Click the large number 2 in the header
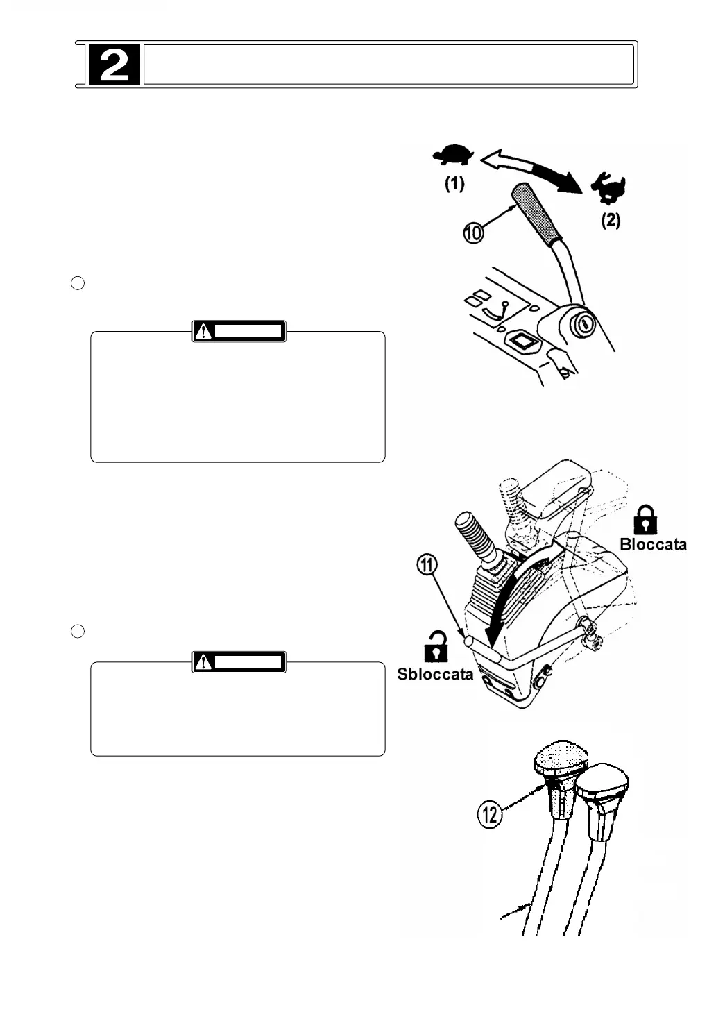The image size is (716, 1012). pyautogui.click(x=114, y=65)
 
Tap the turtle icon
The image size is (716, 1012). pyautogui.click(x=453, y=155)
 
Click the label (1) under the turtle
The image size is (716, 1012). pyautogui.click(x=454, y=184)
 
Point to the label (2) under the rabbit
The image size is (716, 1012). pyautogui.click(x=610, y=221)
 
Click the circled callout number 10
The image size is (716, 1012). pyautogui.click(x=474, y=234)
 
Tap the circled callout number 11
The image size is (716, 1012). pyautogui.click(x=427, y=566)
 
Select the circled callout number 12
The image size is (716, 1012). pyautogui.click(x=490, y=813)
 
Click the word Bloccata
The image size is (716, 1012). pyautogui.click(x=653, y=544)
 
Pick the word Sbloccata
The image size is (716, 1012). pyautogui.click(x=435, y=674)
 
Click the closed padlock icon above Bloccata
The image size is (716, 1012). pyautogui.click(x=646, y=519)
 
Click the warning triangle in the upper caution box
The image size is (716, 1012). pyautogui.click(x=203, y=332)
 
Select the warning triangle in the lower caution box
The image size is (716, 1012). pyautogui.click(x=203, y=663)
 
